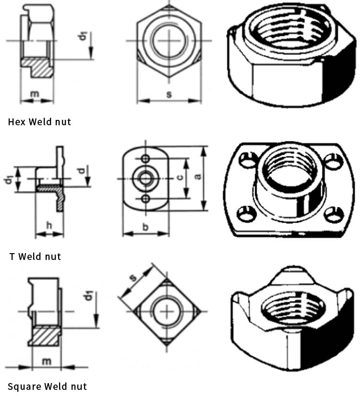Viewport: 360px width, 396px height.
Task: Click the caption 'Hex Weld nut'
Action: pos(39,122)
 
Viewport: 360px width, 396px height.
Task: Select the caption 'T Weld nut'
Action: pos(35,256)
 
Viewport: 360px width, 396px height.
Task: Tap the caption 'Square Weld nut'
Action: pos(47,386)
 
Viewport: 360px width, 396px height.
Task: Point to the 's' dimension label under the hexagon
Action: pos(169,94)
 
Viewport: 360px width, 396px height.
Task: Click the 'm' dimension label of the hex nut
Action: pos(35,94)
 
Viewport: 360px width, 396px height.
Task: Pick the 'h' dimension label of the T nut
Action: pos(49,225)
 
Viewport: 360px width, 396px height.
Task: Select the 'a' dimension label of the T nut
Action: pos(198,176)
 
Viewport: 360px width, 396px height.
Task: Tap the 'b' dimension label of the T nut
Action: pos(145,227)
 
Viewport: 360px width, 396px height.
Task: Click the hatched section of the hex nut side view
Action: pos(37,66)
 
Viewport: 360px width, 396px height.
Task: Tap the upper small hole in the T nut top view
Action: pos(145,159)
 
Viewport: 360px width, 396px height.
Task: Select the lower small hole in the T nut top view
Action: pos(145,198)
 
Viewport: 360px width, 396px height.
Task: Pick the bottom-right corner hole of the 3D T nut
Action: pos(334,214)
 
